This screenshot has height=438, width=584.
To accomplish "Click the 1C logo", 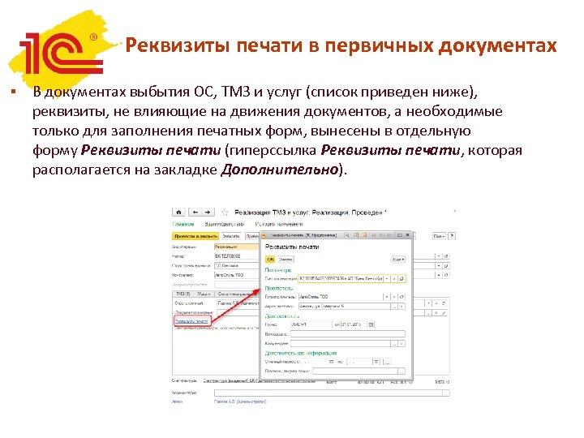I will (61, 51).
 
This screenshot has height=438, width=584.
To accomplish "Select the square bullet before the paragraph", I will (15, 90).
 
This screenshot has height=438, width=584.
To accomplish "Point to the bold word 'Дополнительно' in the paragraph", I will (279, 170).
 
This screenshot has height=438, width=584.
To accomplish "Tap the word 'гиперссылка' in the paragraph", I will (273, 150).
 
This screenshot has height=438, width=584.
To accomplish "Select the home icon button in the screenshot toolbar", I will (177, 213).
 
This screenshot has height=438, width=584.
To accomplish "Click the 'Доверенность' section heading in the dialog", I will (281, 316).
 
